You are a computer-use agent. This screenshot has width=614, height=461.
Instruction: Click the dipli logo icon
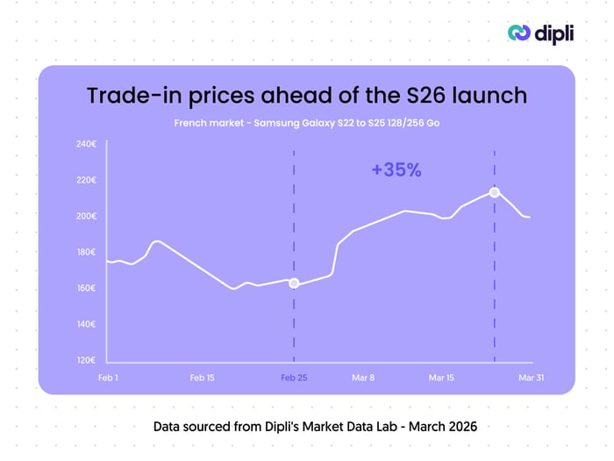click(519, 32)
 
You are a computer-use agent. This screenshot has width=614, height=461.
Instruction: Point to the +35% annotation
click(396, 170)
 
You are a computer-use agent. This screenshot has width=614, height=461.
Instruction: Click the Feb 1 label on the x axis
click(108, 378)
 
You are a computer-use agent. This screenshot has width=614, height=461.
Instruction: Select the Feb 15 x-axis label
click(203, 378)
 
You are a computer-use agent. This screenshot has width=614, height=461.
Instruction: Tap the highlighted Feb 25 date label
click(294, 378)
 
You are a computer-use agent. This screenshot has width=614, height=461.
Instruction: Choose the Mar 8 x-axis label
click(363, 378)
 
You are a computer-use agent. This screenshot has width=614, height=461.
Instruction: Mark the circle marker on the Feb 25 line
click(294, 283)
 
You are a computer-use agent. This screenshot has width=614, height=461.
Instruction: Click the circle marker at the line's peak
click(495, 192)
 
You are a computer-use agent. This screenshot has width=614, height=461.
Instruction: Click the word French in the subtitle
click(192, 123)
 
